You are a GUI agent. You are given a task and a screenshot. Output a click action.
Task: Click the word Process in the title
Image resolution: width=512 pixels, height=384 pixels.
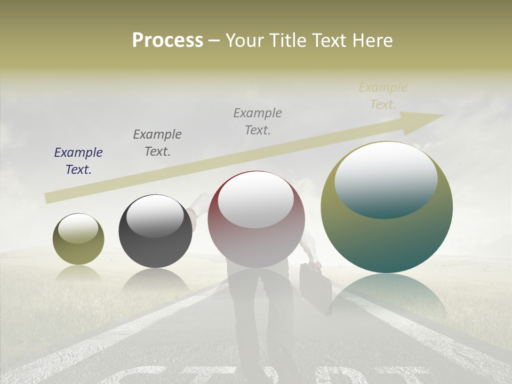tap(167, 41)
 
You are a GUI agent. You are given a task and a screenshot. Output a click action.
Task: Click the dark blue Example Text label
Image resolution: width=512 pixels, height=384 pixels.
tap(78, 161)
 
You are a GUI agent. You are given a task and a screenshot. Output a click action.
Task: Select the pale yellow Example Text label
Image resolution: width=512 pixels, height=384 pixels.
tap(383, 96)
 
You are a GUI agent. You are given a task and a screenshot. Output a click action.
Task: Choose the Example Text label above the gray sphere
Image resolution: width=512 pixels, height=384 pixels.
tap(157, 143)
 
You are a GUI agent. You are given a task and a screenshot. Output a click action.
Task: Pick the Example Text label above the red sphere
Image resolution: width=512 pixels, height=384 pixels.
tap(258, 121)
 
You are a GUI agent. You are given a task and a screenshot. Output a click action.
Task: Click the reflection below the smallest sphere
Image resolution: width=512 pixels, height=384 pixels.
tap(78, 273)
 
